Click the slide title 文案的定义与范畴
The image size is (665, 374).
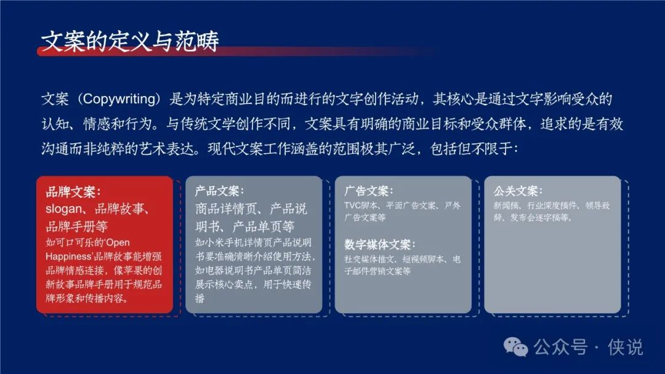pos(130,41)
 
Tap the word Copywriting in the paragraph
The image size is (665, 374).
pos(119,99)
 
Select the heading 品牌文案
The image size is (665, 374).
pos(70,193)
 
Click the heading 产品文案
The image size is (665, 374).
pos(217,191)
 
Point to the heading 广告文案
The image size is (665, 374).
pos(366,191)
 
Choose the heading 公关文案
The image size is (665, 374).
pos(515,191)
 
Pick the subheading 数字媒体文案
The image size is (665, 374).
pos(377,245)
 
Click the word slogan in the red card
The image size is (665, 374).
pos(63,209)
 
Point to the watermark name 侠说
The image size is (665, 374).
pos(625,347)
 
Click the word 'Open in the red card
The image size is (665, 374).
pos(118,243)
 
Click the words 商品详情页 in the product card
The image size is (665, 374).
pos(225,209)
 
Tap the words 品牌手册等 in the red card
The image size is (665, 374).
pos(77,226)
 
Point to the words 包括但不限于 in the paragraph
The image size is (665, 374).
pos(470,149)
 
